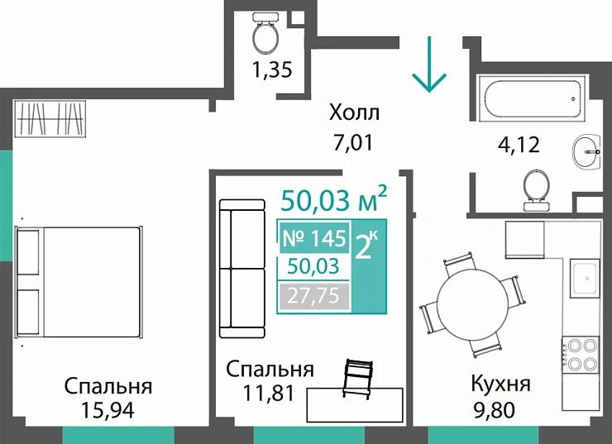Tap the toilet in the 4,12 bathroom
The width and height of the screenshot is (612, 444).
534,188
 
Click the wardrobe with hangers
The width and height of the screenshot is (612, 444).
50,119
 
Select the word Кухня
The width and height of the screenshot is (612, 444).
500,384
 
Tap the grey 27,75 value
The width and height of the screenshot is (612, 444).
314,295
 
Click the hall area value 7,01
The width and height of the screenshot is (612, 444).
353,141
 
